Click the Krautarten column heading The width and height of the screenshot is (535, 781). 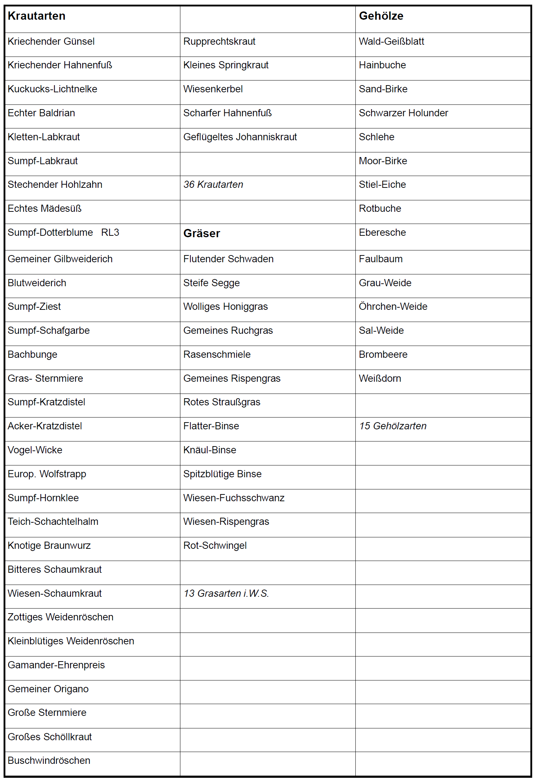tap(37, 16)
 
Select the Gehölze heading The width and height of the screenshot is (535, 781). tap(381, 16)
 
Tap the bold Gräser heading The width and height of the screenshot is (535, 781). tap(201, 234)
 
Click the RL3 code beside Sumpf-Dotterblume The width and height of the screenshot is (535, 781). tap(110, 233)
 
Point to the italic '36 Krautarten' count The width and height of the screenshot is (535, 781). tap(213, 185)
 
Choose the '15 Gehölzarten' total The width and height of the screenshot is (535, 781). tap(393, 426)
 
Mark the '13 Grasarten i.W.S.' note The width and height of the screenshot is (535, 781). tap(226, 594)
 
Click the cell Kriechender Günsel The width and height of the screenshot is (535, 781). tap(51, 42)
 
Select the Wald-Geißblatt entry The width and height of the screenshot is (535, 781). tap(391, 42)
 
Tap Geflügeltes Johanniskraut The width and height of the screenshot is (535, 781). tap(240, 137)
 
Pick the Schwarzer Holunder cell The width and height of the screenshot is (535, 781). tap(403, 113)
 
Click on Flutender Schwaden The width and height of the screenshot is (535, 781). tap(228, 259)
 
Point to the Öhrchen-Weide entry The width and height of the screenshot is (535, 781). tap(393, 307)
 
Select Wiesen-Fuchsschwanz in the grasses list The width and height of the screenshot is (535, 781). tap(234, 498)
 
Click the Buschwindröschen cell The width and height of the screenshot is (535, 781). tap(49, 761)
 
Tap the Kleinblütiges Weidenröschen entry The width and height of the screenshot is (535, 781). tap(71, 641)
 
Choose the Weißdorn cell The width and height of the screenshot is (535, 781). tap(380, 379)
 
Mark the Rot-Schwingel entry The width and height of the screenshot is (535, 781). tap(215, 546)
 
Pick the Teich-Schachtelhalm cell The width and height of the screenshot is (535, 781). tap(53, 522)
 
